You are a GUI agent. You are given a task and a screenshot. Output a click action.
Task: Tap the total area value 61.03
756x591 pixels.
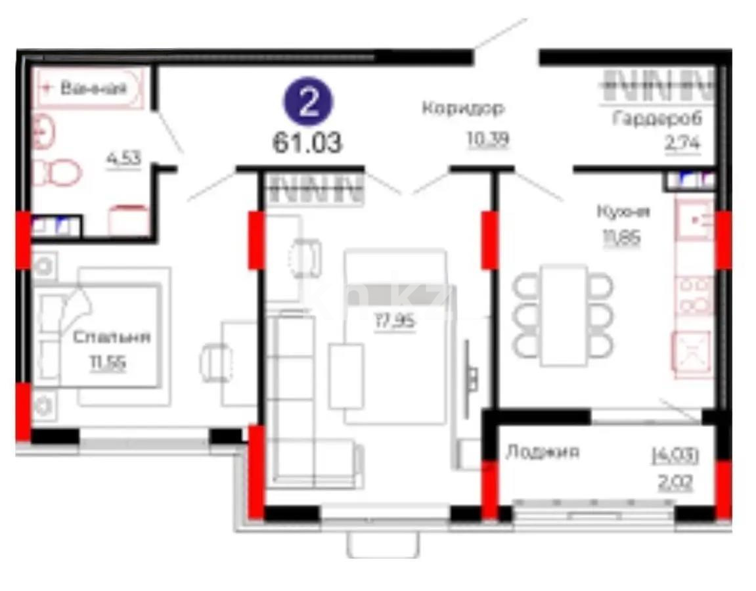(307, 142)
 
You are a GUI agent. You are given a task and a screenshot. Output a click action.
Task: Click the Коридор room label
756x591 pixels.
(462, 109)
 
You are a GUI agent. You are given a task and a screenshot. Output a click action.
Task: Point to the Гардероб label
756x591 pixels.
(657, 119)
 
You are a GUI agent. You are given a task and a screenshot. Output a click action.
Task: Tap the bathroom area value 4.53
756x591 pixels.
(124, 159)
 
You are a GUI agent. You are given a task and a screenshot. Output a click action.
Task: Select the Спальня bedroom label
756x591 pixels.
(112, 338)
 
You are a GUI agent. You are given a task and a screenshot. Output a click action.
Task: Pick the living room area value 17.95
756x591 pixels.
(395, 322)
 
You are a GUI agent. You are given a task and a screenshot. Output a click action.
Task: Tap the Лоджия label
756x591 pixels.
(543, 452)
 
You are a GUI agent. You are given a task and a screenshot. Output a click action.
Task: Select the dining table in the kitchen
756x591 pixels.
(564, 315)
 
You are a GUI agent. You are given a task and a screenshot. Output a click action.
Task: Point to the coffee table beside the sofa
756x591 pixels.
(346, 375)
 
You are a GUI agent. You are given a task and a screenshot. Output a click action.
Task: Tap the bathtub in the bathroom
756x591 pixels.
(89, 89)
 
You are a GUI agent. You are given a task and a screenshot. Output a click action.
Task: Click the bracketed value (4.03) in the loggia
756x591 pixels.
(675, 455)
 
